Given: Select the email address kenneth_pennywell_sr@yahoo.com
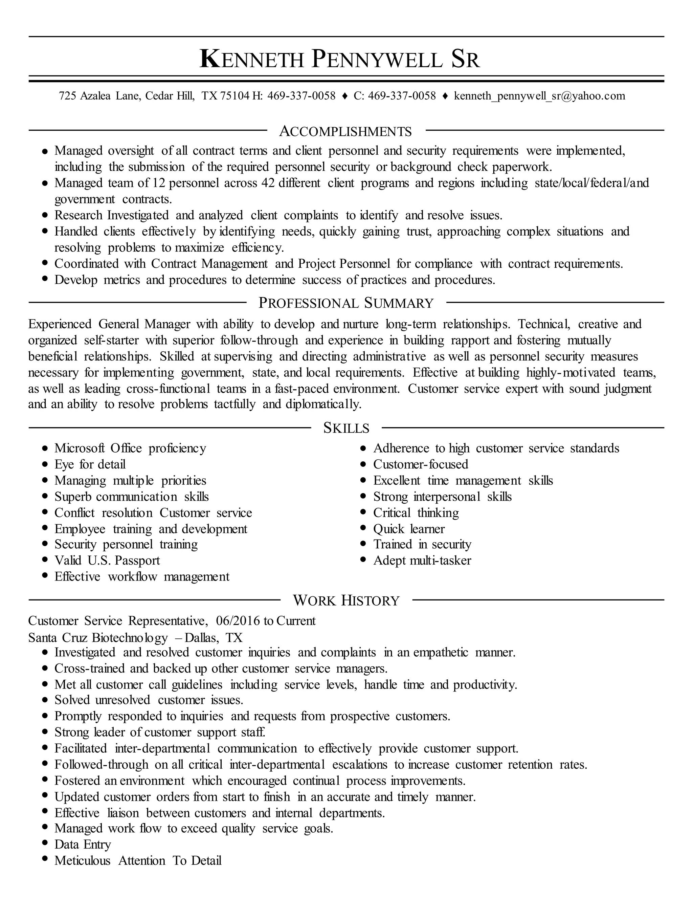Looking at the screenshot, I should tap(539, 96).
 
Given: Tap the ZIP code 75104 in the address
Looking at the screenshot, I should tap(234, 96).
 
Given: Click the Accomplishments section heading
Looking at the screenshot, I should tap(345, 131).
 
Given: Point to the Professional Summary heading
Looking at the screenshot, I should tap(346, 303).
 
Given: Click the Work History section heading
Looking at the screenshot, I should tap(346, 600).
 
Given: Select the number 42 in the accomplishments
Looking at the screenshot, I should tap(267, 183).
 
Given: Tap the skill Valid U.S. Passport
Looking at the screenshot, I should tap(107, 561).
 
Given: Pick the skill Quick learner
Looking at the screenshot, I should tap(408, 529).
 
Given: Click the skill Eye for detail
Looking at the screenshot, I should tap(90, 464).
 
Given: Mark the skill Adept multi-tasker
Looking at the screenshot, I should tap(422, 561).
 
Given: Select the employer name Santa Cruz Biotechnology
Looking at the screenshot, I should tap(98, 637).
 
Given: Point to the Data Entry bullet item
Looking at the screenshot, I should tap(83, 845).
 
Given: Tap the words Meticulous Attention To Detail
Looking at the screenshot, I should tap(138, 860).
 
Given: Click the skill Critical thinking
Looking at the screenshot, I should tap(416, 512).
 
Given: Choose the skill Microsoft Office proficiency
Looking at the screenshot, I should tap(130, 448).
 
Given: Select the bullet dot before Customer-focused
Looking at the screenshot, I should tap(363, 464).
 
